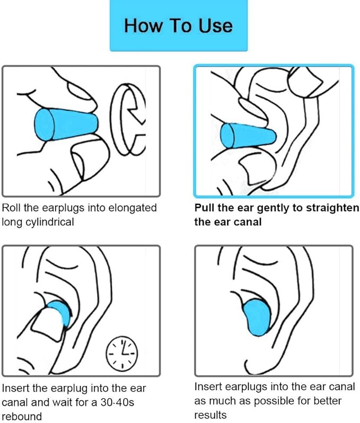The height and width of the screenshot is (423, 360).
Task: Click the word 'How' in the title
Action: [x=139, y=25]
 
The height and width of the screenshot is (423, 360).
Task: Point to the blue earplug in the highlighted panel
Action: [x=244, y=136]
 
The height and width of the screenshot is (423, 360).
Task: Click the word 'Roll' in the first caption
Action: [x=13, y=207]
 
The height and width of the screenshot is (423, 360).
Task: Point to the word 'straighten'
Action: [x=332, y=207]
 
